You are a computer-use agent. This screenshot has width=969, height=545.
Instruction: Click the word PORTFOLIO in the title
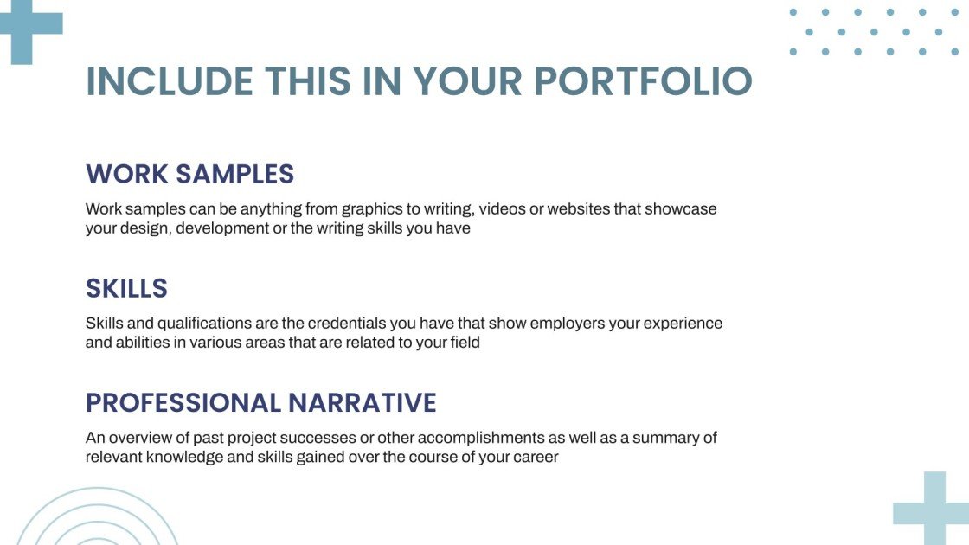click(x=643, y=81)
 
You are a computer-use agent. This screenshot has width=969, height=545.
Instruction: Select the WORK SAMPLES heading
click(x=189, y=174)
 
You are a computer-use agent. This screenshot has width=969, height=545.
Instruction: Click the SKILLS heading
click(x=126, y=288)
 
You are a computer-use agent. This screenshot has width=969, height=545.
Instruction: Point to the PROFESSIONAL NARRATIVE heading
click(x=260, y=402)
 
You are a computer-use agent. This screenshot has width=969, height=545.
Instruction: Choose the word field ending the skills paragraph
click(x=463, y=343)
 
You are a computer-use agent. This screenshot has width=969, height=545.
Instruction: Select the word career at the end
click(x=536, y=457)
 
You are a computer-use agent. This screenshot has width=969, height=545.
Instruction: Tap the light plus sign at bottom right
click(x=934, y=510)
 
